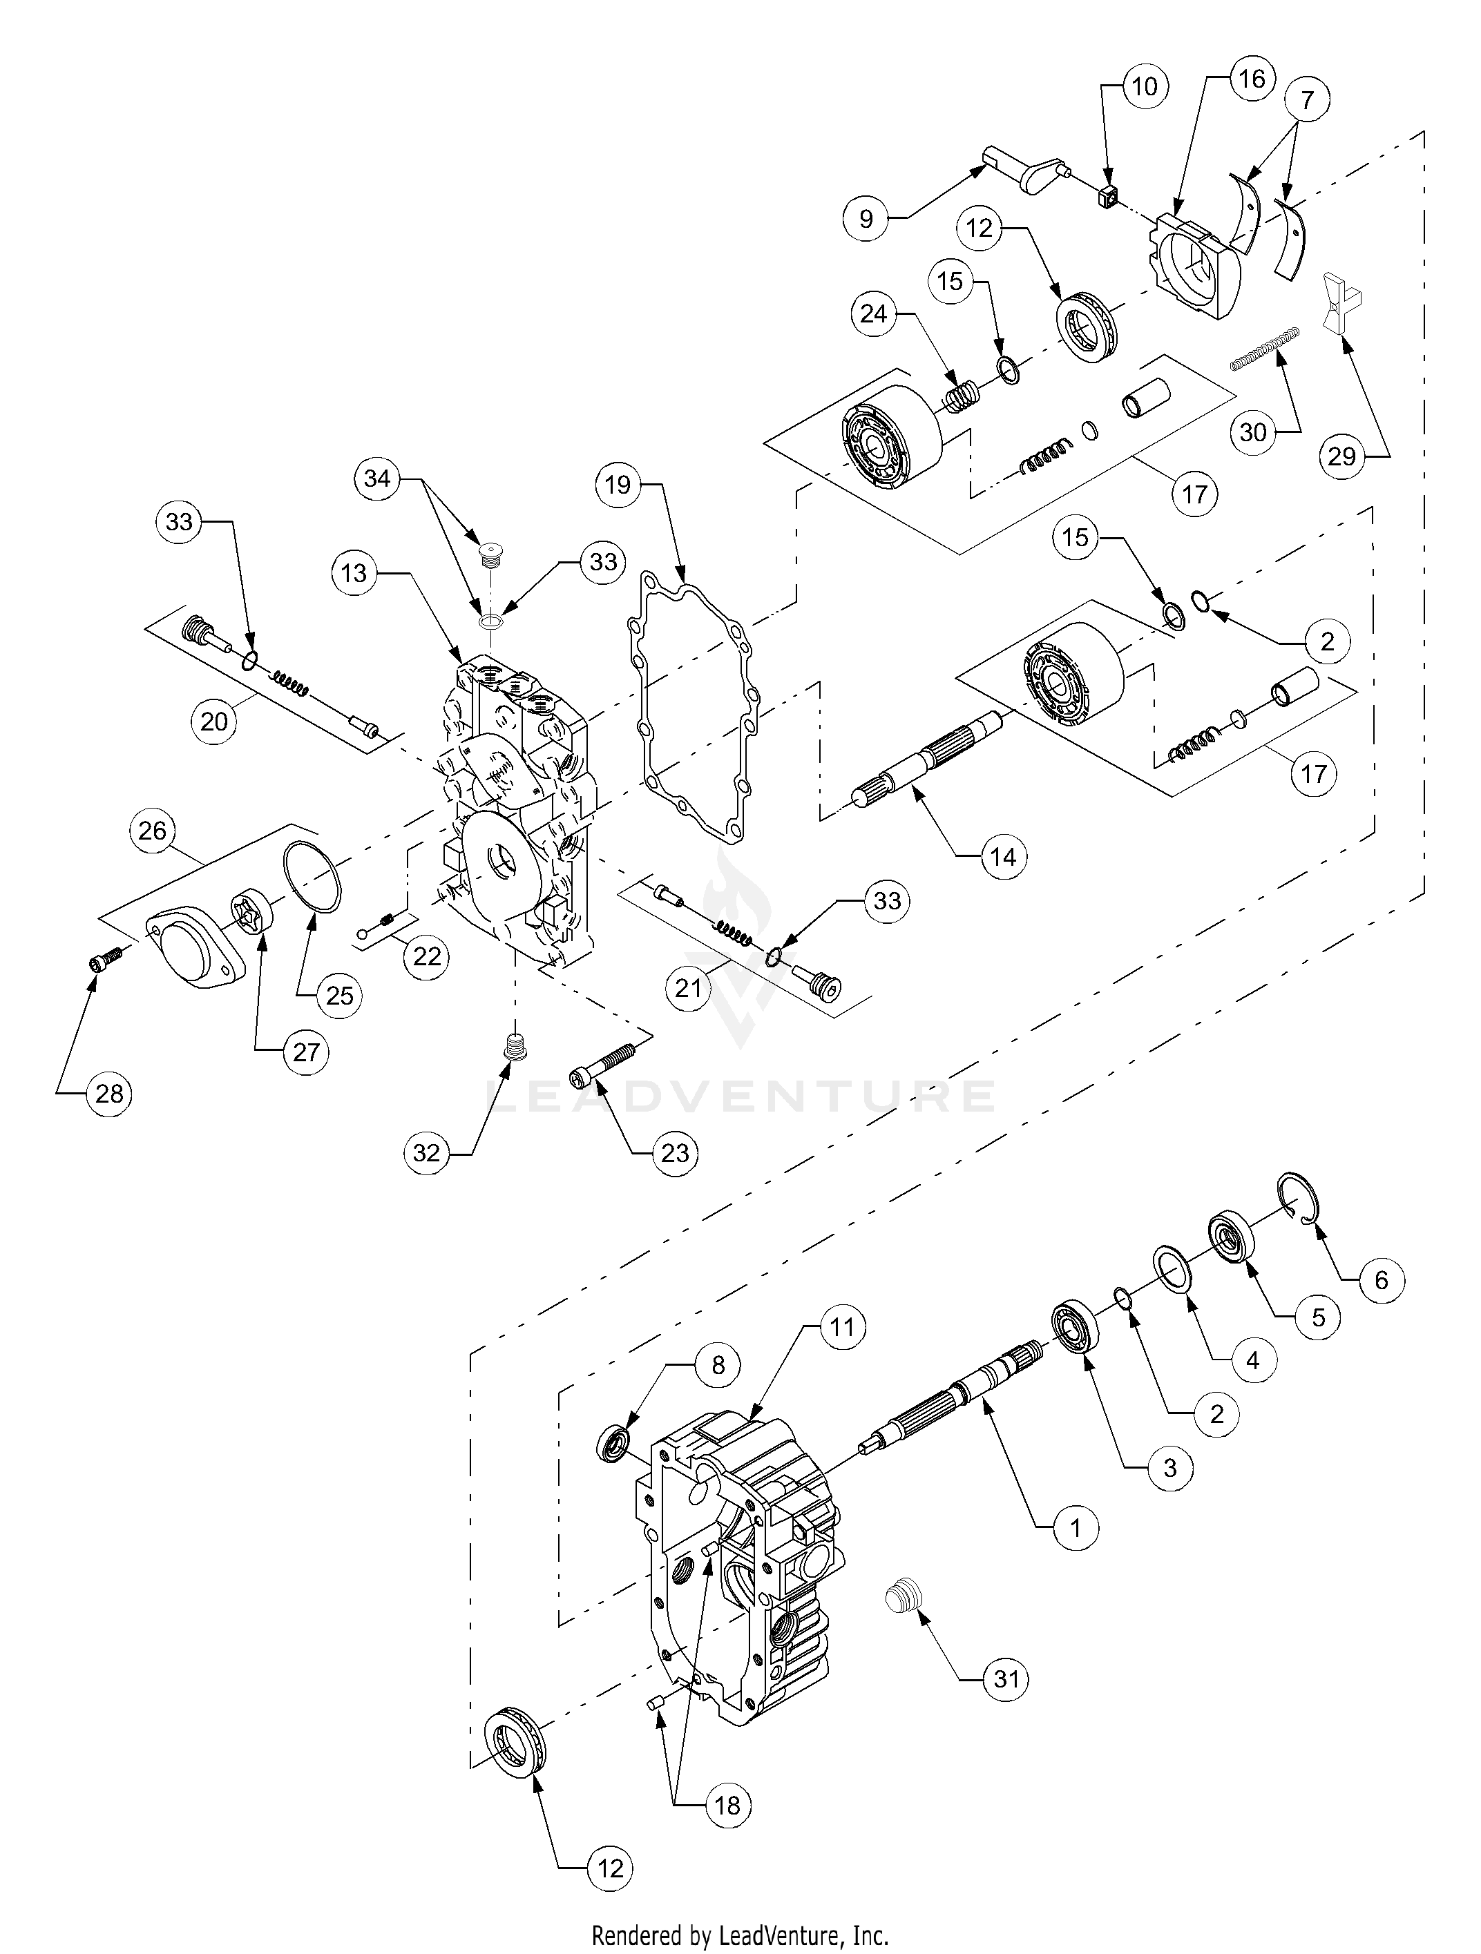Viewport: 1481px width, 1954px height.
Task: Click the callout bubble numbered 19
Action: coord(618,485)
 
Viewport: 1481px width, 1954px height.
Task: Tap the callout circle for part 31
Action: coord(1006,1679)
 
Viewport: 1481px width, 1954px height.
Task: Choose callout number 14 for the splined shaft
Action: coord(1004,856)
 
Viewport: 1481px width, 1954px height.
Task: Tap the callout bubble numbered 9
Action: coord(866,218)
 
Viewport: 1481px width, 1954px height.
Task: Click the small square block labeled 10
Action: coord(1109,199)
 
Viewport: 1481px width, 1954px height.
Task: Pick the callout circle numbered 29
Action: coord(1341,456)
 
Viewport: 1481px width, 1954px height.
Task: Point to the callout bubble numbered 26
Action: coord(153,831)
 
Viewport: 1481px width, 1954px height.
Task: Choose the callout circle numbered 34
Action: coord(377,478)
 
